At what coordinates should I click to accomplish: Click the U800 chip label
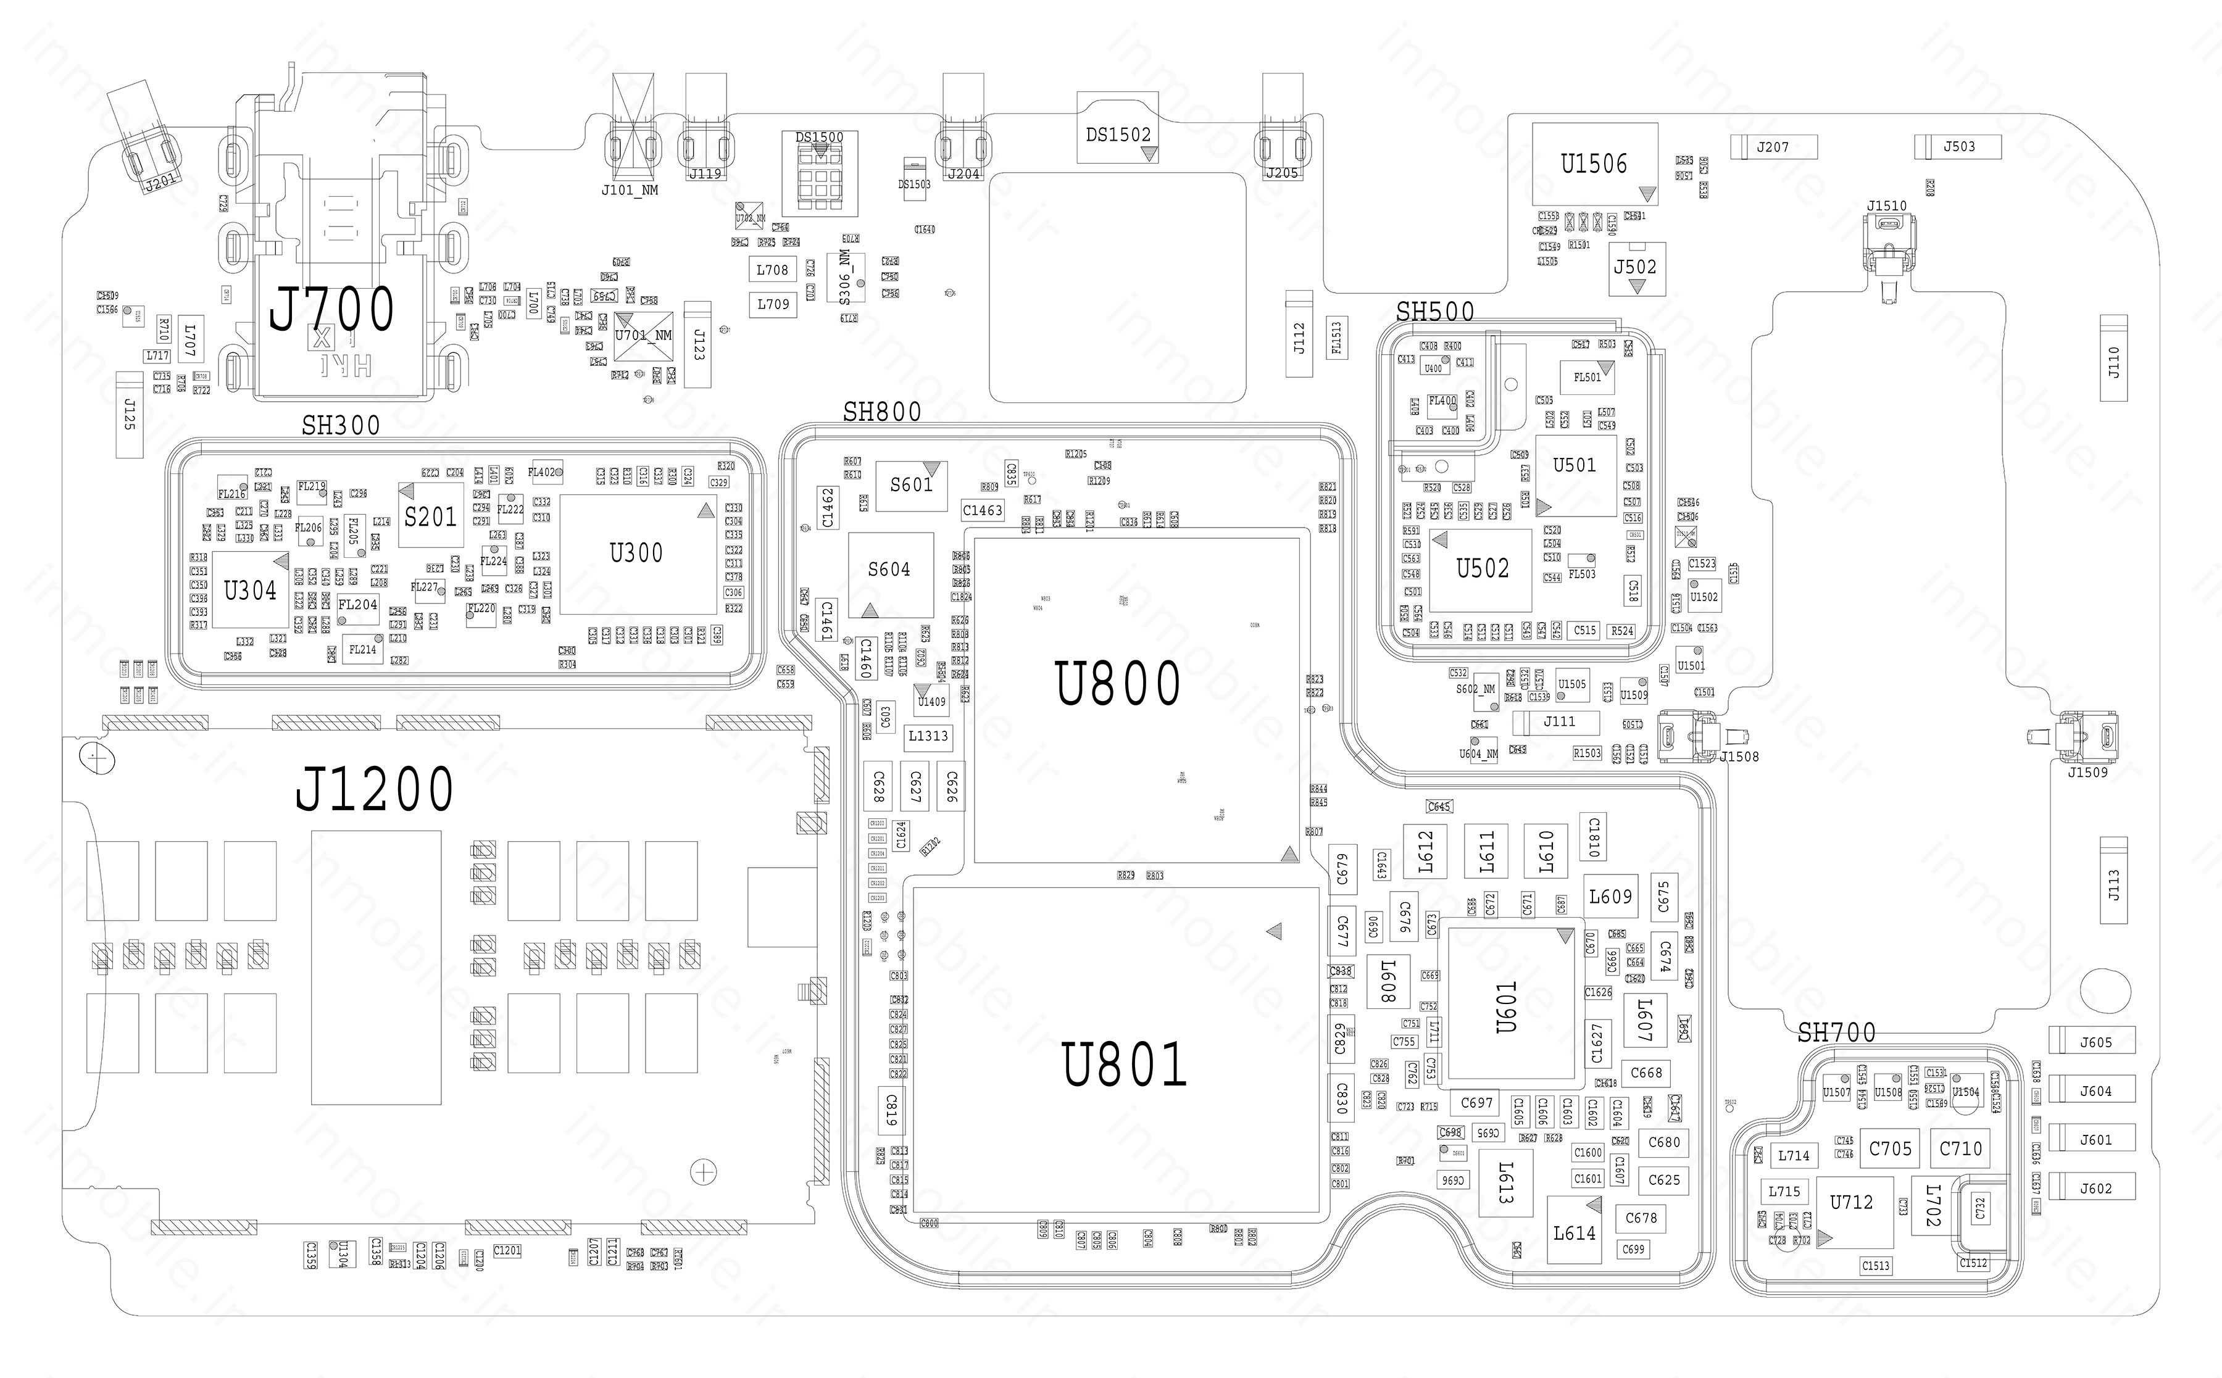(x=1117, y=684)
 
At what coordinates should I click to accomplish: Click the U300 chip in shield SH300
(x=636, y=553)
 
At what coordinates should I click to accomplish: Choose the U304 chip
(x=251, y=591)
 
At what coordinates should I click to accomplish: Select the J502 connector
(x=1635, y=268)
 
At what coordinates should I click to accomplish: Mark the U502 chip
(x=1482, y=570)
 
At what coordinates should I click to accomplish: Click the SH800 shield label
(x=881, y=413)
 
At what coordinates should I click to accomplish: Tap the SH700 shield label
(x=1836, y=1032)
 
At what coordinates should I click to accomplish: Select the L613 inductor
(x=1505, y=1182)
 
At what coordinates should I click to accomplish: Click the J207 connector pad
(x=1773, y=147)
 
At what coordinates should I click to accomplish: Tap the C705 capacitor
(x=1891, y=1149)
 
